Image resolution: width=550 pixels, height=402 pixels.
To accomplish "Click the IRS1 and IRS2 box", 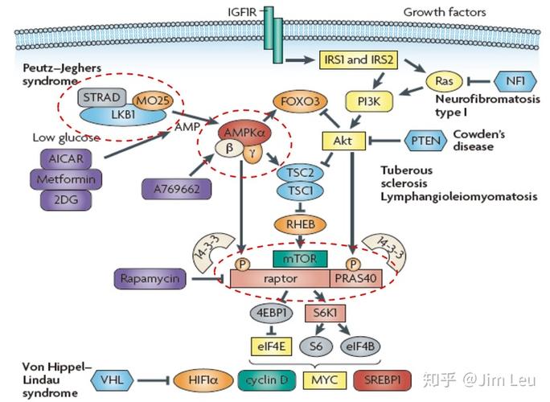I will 360,62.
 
